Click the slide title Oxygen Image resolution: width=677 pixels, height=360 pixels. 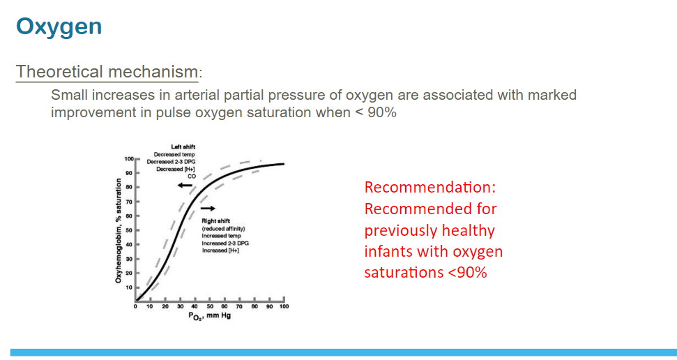point(59,27)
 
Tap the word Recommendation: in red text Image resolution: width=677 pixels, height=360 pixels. point(430,187)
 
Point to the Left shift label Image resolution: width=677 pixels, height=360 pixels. point(183,147)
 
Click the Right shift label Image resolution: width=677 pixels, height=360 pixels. point(216,221)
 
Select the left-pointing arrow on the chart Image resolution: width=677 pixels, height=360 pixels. point(185,186)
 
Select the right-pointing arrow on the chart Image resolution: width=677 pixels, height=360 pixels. point(208,209)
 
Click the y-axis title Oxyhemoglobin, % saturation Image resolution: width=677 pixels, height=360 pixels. point(118,231)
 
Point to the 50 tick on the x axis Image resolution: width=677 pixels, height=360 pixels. point(210,306)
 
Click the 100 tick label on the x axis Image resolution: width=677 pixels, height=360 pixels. point(284,306)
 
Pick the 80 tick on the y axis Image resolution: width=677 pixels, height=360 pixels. point(129,187)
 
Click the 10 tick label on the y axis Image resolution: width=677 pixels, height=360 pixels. point(129,287)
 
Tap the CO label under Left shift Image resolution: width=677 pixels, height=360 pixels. point(191,177)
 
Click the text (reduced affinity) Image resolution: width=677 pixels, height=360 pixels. point(223,229)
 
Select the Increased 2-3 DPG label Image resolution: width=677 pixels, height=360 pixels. point(225,243)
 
